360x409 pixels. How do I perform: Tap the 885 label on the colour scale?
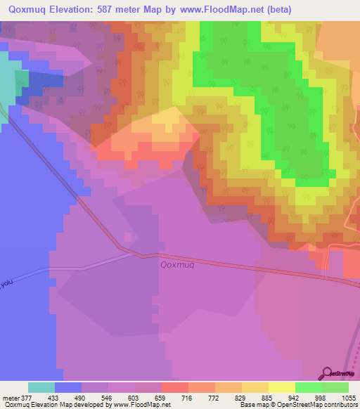267,397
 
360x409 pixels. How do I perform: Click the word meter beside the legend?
11,397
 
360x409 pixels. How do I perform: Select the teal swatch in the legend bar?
41,387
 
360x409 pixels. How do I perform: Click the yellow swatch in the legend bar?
281,387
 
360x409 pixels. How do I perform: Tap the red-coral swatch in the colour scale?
174,387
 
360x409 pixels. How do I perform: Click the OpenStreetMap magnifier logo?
328,373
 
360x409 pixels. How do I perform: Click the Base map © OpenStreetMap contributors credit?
297,405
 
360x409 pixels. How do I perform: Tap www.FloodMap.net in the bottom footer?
134,405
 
